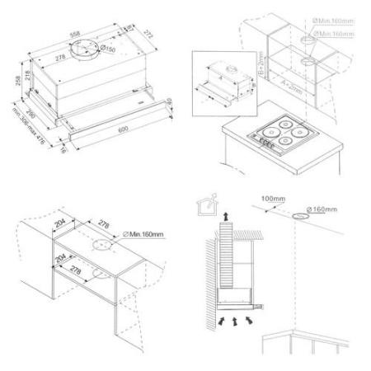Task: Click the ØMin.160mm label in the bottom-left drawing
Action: [x=144, y=236]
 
